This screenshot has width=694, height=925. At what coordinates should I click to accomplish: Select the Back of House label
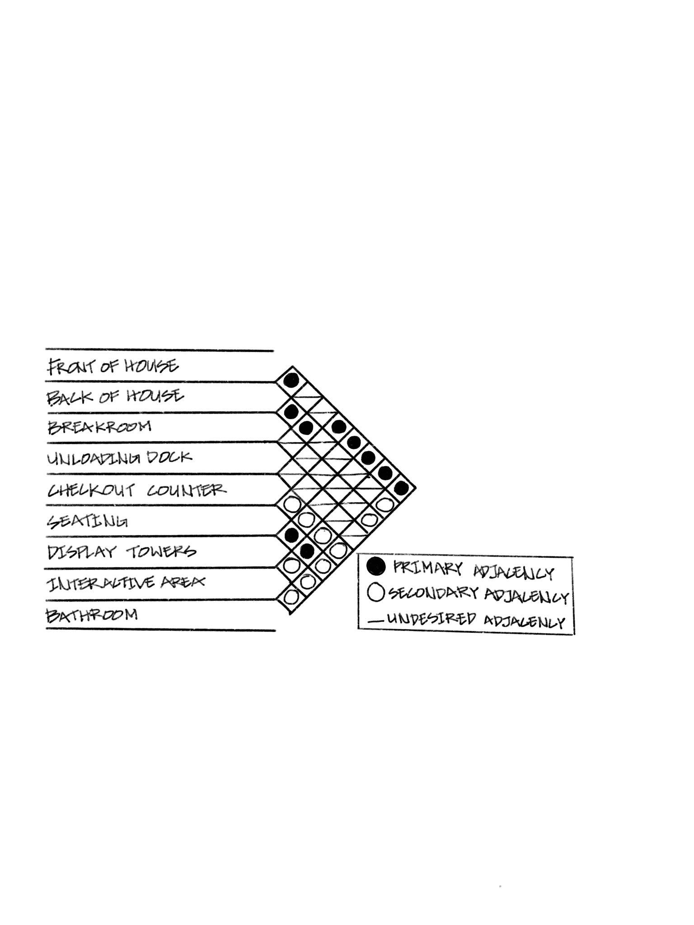pyautogui.click(x=115, y=397)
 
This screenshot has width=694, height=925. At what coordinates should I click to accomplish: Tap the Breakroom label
pyautogui.click(x=99, y=427)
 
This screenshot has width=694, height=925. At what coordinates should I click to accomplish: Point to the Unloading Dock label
pyautogui.click(x=119, y=458)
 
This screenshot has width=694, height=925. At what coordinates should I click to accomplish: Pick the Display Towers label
pyautogui.click(x=122, y=551)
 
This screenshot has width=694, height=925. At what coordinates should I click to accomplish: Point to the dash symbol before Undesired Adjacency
pyautogui.click(x=375, y=621)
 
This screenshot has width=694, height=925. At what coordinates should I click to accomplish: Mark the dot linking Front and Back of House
pyautogui.click(x=292, y=380)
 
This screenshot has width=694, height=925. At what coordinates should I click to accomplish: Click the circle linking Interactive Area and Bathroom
pyautogui.click(x=292, y=596)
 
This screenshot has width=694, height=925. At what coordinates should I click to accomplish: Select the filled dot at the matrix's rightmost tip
pyautogui.click(x=401, y=488)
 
